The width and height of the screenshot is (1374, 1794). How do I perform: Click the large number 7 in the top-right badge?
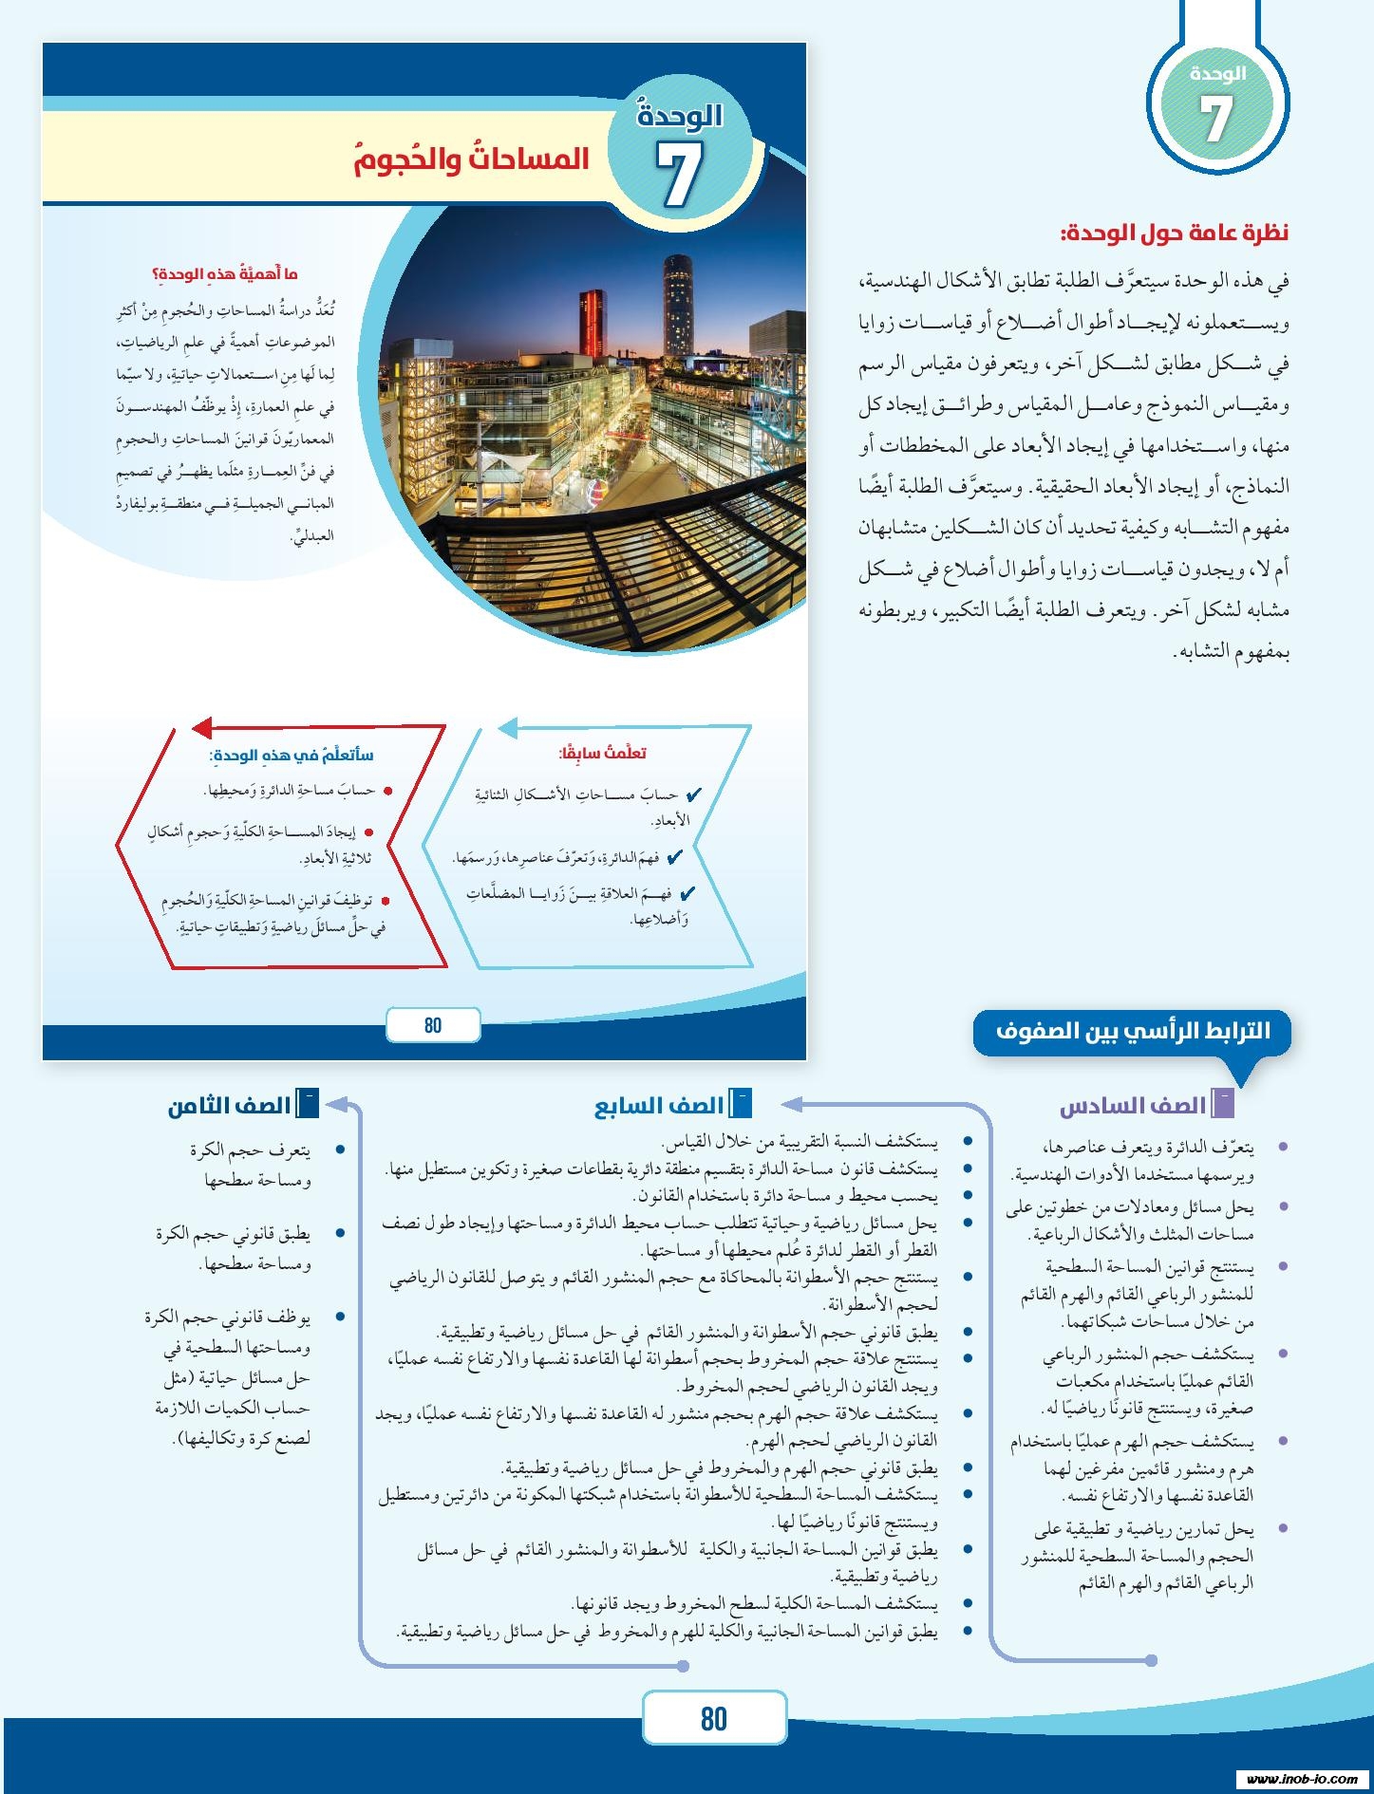coord(1215,120)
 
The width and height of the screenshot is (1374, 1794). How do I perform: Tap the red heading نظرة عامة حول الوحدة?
coord(1174,234)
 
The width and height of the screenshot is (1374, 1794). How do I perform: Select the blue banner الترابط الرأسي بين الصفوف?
coord(1132,1031)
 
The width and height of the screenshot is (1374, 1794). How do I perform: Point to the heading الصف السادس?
coord(1132,1107)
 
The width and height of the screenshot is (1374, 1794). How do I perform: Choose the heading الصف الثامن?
coord(230,1107)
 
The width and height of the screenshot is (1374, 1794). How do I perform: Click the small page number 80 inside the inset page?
coord(433,1025)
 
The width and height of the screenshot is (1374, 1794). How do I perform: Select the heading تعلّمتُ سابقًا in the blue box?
coord(602,754)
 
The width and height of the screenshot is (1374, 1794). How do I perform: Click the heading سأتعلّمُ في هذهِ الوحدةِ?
coord(292,756)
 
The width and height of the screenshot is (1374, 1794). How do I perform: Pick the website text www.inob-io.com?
coord(1301,1779)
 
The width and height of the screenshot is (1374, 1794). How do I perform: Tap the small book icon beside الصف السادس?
coord(1223,1104)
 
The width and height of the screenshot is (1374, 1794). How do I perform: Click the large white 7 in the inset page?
coord(678,175)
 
